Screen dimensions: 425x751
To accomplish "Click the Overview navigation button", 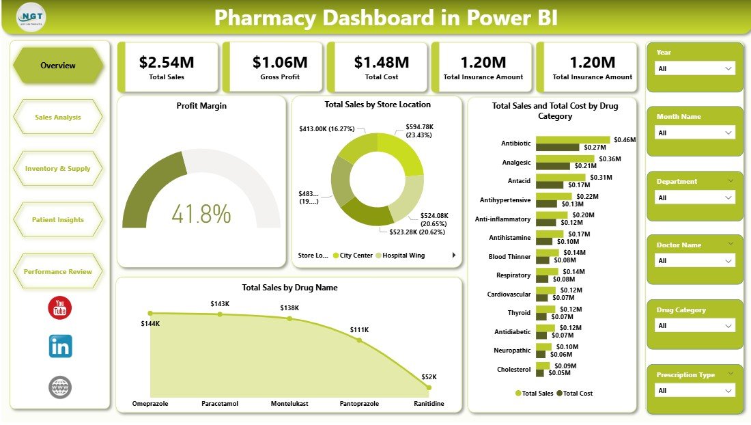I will click(58, 66).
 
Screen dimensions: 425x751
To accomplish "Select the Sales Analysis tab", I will click(58, 117).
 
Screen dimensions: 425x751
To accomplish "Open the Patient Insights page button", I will click(58, 220).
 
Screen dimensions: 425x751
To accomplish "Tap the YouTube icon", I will click(60, 308).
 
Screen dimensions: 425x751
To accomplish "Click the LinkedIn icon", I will click(60, 346).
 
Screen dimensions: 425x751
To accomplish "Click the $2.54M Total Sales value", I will click(167, 62).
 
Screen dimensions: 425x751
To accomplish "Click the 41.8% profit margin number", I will click(201, 214).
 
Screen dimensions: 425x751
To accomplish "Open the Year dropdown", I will click(695, 68).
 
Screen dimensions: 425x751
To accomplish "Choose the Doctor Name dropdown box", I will click(695, 261).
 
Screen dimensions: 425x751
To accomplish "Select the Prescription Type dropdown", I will click(695, 391).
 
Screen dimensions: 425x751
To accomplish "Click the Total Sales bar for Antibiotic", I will click(573, 139).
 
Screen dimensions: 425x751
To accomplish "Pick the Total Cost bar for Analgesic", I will click(553, 165).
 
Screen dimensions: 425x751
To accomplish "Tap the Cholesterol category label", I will click(513, 370).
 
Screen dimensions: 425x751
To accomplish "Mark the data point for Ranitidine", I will click(429, 387).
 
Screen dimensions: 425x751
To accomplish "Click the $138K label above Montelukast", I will click(289, 308).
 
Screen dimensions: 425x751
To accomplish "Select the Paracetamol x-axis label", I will click(220, 404).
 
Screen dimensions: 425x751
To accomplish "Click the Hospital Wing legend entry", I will click(405, 256).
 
